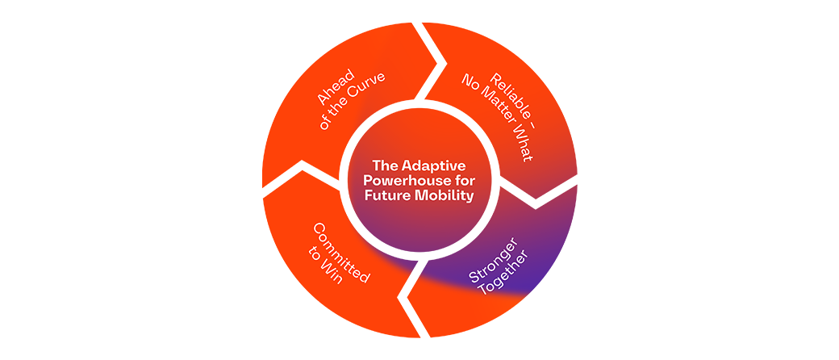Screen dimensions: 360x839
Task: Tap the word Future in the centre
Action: [x=386, y=195]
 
